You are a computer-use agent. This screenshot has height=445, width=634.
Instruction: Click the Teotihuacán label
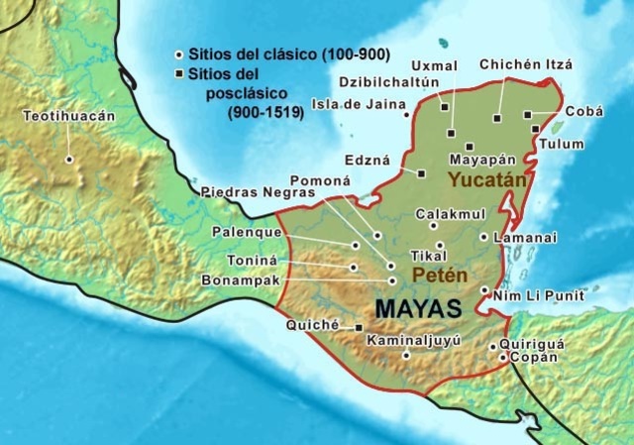pos(69,116)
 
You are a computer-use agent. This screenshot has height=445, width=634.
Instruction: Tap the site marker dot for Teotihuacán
pos(69,159)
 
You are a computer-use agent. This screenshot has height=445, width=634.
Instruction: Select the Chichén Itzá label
pos(525,64)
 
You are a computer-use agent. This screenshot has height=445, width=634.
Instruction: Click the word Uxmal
pos(415,62)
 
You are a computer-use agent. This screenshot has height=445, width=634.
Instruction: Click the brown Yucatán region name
pos(482,179)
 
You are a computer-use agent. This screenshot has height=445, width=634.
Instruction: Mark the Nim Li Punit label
pos(537,295)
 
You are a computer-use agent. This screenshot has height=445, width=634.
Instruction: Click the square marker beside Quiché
pos(359,327)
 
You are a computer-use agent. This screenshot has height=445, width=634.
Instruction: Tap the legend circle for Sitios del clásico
pos(179,54)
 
